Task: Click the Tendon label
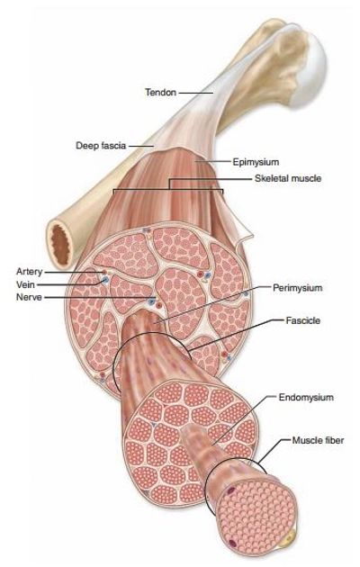161,93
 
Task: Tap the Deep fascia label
101,146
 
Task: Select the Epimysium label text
256,162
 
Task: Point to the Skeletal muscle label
288,178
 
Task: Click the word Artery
30,272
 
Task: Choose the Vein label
26,284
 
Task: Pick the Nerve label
29,297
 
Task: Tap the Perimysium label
297,288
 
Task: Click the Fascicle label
303,320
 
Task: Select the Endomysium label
306,398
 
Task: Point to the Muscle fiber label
318,440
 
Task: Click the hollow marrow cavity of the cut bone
60,245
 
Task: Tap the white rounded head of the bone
311,68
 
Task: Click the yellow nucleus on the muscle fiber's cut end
288,540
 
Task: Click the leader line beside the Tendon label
196,93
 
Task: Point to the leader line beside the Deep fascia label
141,146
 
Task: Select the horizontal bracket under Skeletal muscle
168,189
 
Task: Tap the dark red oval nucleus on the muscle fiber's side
231,490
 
